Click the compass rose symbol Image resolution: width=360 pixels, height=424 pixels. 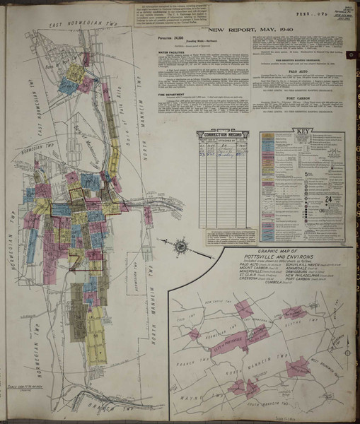(180, 247)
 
